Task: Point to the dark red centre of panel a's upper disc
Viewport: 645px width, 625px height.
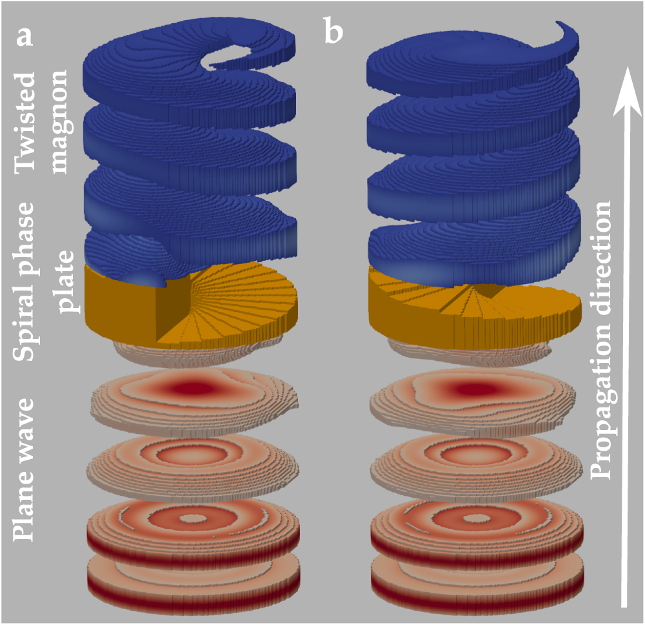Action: (x=193, y=388)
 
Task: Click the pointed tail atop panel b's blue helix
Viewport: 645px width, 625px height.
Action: (x=568, y=29)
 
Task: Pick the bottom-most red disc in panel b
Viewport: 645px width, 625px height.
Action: (x=477, y=575)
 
